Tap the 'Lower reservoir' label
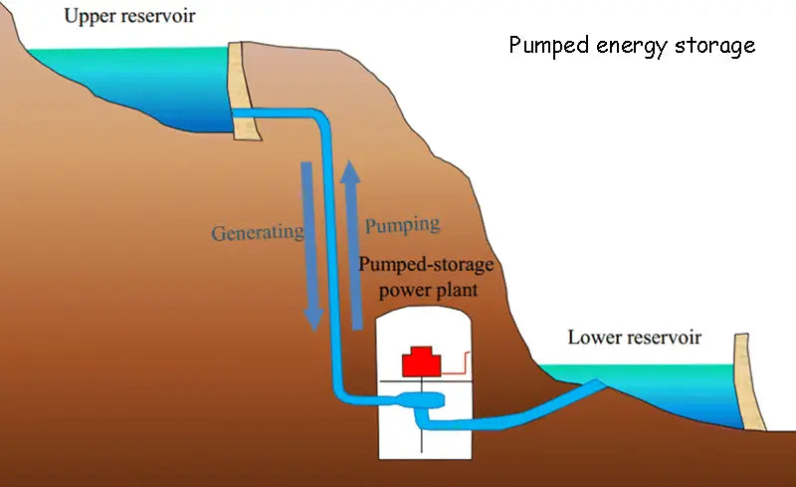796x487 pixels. tap(634, 338)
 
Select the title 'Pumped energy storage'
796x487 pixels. tap(632, 46)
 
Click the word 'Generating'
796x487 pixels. tap(257, 233)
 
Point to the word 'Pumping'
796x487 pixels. tap(402, 223)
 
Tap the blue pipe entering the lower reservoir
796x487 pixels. tap(537, 407)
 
